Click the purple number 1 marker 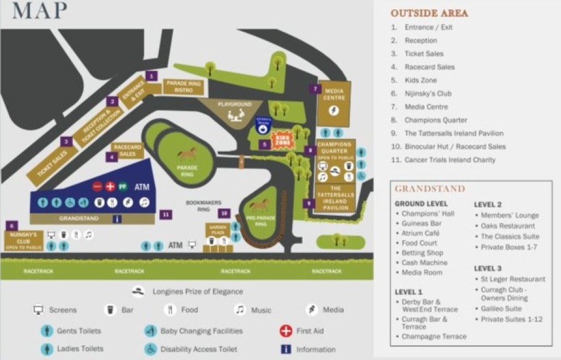pyautogui.click(x=151, y=76)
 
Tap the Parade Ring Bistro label pyautogui.click(x=184, y=87)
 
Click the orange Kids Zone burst pyautogui.click(x=284, y=140)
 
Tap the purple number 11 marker pyautogui.click(x=166, y=214)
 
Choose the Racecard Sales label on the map pyautogui.click(x=127, y=151)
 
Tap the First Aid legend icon pyautogui.click(x=285, y=331)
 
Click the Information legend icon pyautogui.click(x=285, y=349)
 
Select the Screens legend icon pyautogui.click(x=38, y=310)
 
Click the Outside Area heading pyautogui.click(x=429, y=13)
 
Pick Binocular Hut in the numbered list pyautogui.click(x=455, y=146)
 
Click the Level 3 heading pyautogui.click(x=488, y=268)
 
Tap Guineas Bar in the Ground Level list pyautogui.click(x=421, y=224)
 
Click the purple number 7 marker pyautogui.click(x=314, y=89)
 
